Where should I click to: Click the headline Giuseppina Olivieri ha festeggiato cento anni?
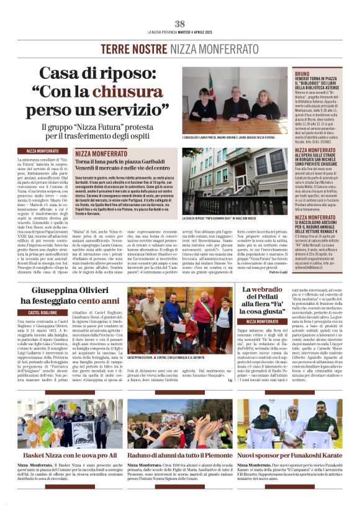(70, 295)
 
